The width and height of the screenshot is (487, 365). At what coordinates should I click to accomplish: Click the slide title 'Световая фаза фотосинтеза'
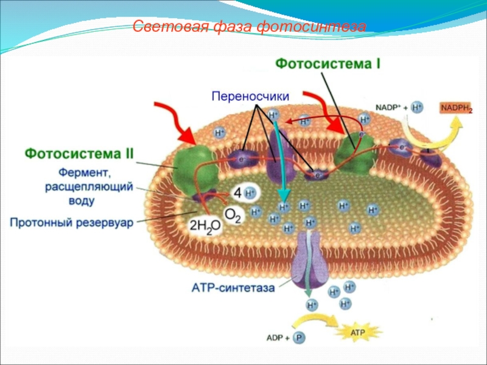(x=249, y=27)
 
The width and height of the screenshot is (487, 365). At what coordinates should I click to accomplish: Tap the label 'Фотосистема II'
(x=79, y=153)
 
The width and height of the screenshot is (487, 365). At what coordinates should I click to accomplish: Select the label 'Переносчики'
(x=250, y=96)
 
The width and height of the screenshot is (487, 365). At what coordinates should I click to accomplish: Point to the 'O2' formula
(x=233, y=214)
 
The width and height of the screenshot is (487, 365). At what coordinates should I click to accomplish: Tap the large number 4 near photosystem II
(x=237, y=193)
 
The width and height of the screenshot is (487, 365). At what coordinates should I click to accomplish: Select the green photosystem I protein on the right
(x=356, y=149)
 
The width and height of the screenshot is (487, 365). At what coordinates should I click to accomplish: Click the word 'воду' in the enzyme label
(x=81, y=200)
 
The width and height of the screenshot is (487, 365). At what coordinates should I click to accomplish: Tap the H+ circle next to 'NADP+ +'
(x=417, y=108)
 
